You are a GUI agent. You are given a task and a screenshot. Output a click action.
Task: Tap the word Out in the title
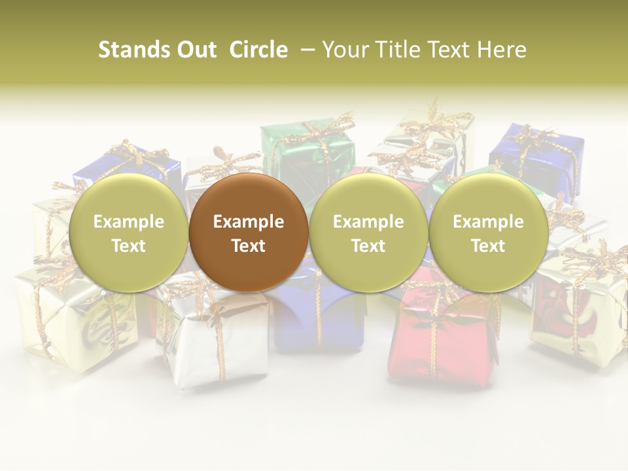click(195, 50)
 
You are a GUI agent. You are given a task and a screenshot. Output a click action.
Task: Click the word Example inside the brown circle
click(249, 222)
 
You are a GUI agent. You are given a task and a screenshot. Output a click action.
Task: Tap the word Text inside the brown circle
click(249, 246)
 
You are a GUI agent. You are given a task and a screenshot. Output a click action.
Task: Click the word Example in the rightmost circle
click(488, 222)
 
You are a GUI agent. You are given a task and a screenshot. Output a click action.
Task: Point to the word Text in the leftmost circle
click(128, 246)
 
